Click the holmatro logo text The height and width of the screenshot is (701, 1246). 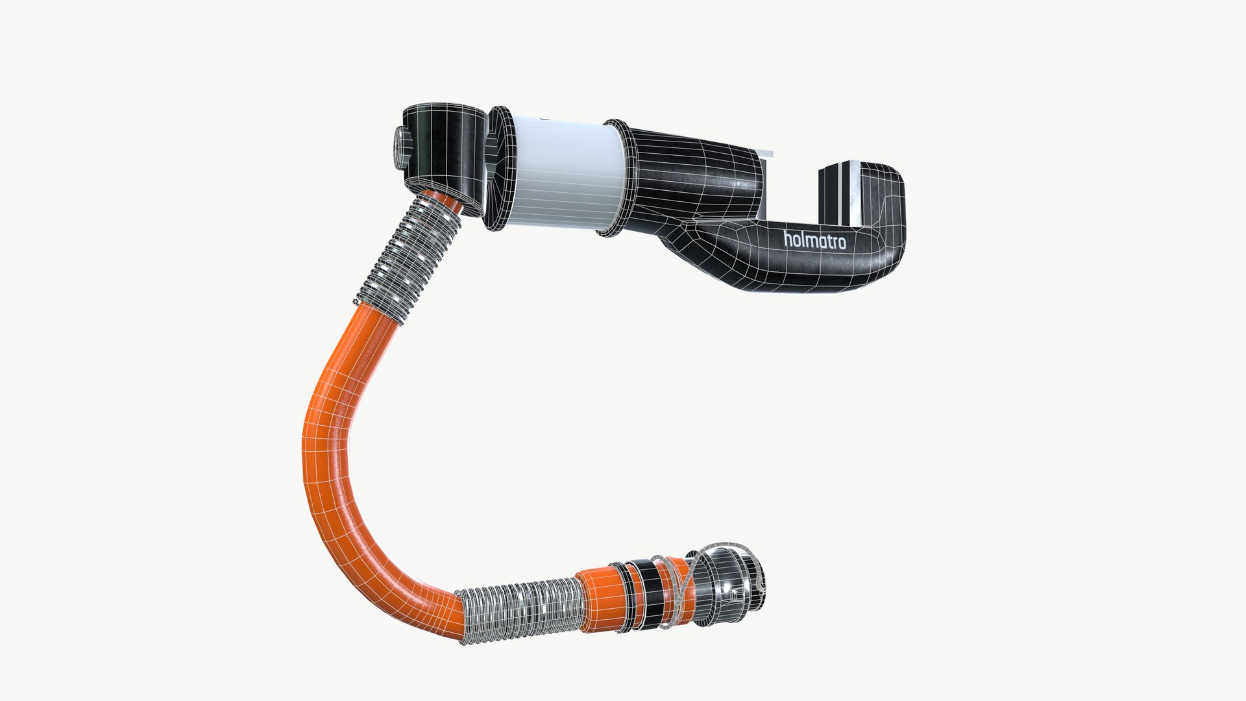point(814,241)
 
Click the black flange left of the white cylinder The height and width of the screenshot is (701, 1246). point(500,171)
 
